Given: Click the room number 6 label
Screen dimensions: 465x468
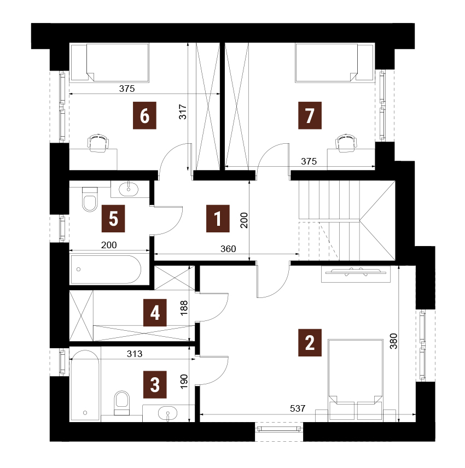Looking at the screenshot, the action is (144, 115).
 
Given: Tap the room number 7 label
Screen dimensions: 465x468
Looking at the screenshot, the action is (310, 115).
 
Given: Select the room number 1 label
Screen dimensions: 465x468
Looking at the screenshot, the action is (218, 219).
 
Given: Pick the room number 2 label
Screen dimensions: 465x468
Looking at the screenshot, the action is (310, 343).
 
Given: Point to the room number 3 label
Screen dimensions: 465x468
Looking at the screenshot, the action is (155, 385).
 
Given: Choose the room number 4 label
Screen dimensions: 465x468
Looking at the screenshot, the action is (155, 313).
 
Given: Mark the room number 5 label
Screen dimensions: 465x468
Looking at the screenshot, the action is (113, 219).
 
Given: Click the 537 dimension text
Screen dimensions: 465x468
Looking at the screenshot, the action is (298, 408).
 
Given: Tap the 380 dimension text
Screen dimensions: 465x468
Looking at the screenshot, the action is (394, 341).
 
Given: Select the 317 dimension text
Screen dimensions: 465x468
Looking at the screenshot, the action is (183, 112).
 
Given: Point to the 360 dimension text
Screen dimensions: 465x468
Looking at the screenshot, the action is (228, 249).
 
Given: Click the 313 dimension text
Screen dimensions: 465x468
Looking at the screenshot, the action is (135, 354).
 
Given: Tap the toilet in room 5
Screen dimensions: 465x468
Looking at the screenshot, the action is (90, 200).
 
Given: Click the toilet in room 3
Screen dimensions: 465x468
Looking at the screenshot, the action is (122, 403).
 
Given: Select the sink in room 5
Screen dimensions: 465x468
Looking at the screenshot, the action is (129, 189).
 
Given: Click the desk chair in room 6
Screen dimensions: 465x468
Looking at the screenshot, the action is (98, 143).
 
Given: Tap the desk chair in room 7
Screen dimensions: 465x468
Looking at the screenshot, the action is (346, 143).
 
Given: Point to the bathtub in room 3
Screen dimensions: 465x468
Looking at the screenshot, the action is (85, 385).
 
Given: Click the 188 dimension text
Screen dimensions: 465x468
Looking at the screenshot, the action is (184, 308).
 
